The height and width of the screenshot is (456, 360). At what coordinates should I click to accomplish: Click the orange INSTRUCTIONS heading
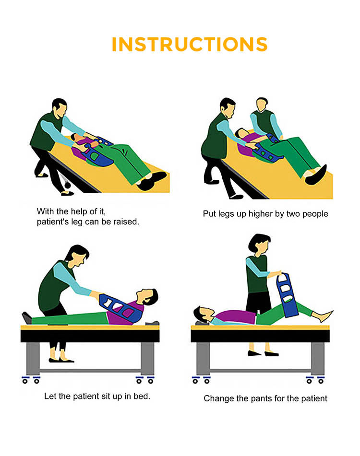pos(189,44)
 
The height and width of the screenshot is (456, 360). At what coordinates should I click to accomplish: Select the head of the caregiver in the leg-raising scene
pos(59,108)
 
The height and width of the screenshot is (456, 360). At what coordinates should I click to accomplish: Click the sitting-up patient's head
pos(148,298)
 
